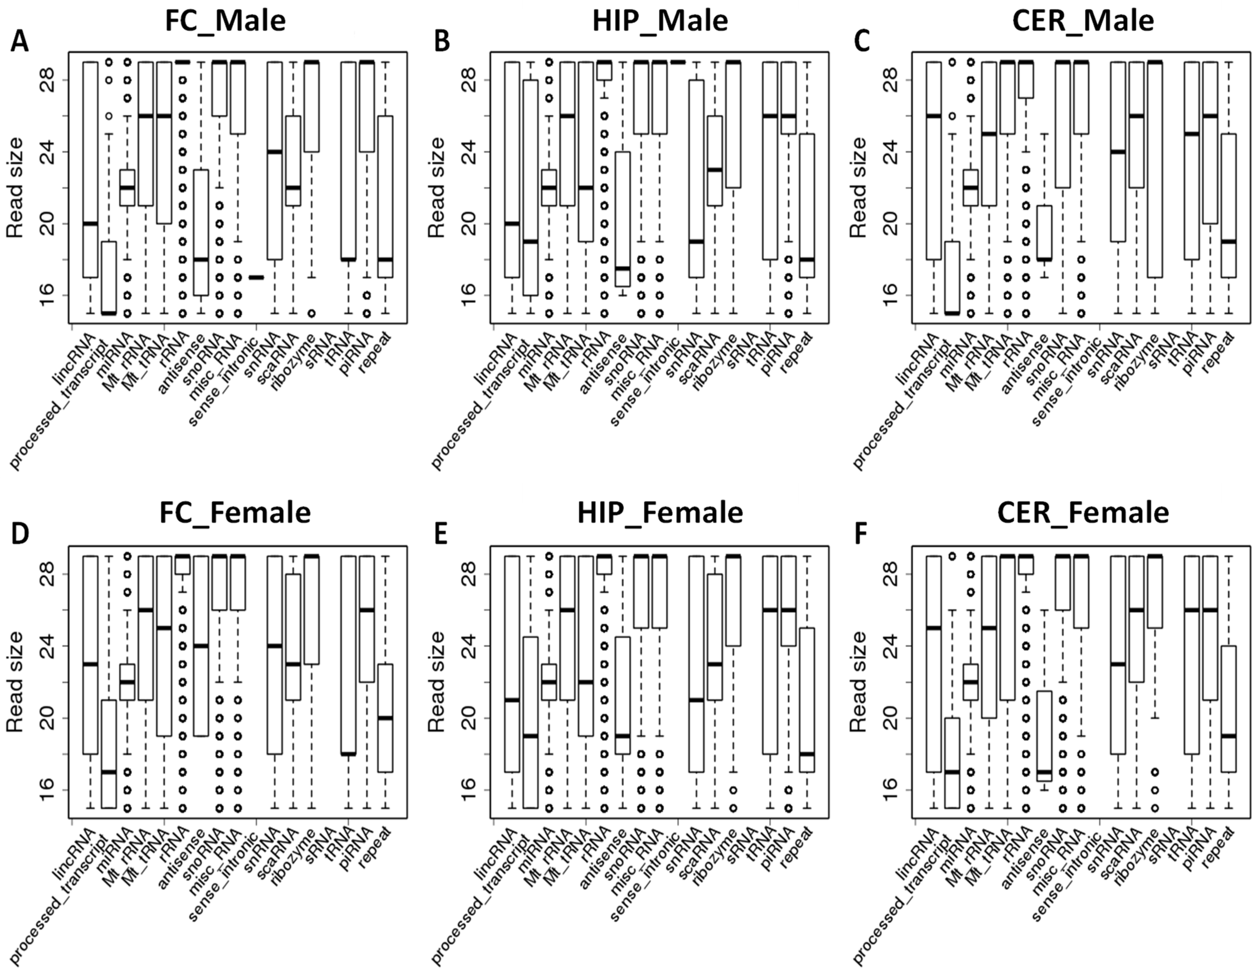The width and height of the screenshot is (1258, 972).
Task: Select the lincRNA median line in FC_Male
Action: coord(90,223)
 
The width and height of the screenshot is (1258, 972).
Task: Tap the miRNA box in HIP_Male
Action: coord(549,187)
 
